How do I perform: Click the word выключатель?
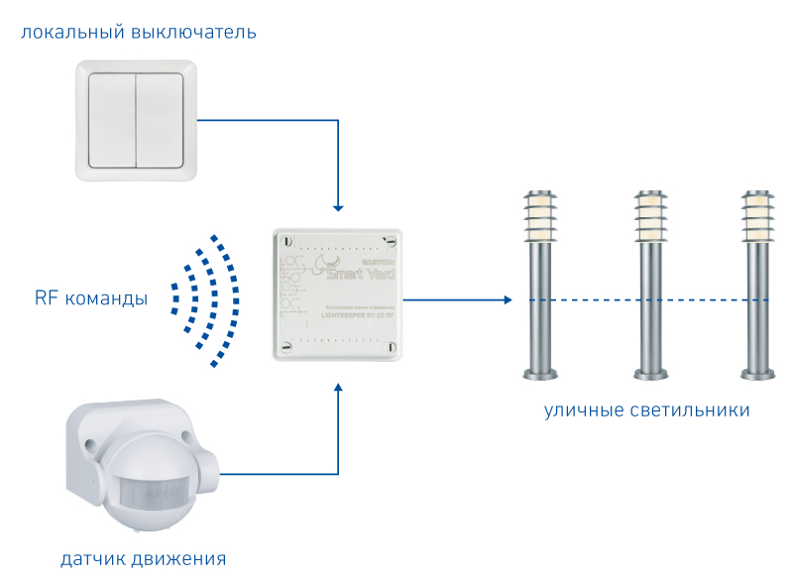pyautogui.click(x=193, y=33)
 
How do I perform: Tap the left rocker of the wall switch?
pyautogui.click(x=111, y=120)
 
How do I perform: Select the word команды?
pyautogui.click(x=107, y=298)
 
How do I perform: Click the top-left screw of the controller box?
pyautogui.click(x=284, y=240)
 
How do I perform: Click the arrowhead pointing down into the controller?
pyautogui.click(x=338, y=207)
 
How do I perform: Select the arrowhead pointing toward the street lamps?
pyautogui.click(x=508, y=298)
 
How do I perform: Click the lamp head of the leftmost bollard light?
pyautogui.click(x=541, y=215)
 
